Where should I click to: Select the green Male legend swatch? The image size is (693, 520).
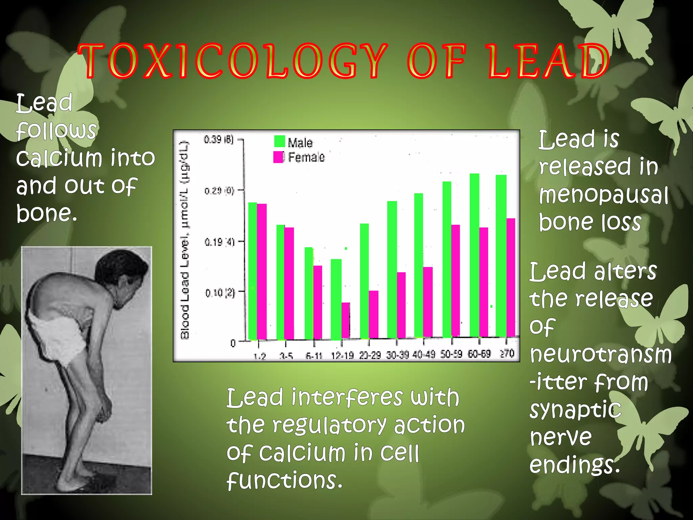coord(280,141)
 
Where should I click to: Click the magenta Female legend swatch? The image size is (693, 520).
coord(278,157)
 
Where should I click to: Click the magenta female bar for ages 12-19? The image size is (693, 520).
coord(345,320)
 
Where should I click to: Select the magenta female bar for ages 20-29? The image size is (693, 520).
coord(374,314)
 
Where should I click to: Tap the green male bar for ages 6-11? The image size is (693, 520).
coord(309,293)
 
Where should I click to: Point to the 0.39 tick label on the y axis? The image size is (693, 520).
coord(219,139)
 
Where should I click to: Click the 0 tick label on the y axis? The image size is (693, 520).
coord(233,343)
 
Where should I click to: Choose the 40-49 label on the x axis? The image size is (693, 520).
coord(424,354)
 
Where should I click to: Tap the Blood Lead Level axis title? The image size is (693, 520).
coord(185,240)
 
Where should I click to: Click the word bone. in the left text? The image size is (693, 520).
coord(47,213)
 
